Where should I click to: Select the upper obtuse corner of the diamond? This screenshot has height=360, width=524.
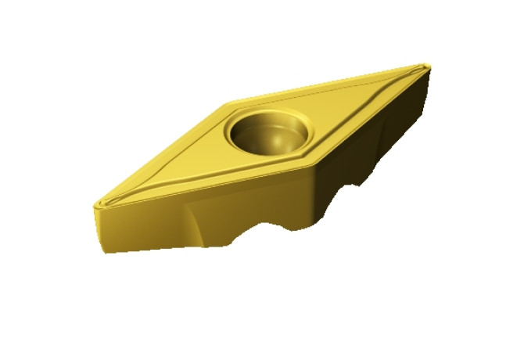[x=227, y=103]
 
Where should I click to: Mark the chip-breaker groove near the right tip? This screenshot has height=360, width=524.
[x=407, y=74]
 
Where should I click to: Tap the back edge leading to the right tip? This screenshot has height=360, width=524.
[x=328, y=81]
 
